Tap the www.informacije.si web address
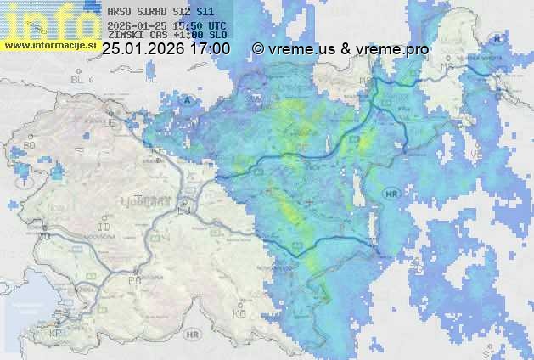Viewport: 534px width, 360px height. pyautogui.click(x=49, y=45)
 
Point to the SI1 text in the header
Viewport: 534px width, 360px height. pyautogui.click(x=203, y=13)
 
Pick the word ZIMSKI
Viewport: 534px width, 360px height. pyautogui.click(x=126, y=36)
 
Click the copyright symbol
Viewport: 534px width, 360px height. pyautogui.click(x=258, y=49)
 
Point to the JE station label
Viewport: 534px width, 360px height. pyautogui.click(x=110, y=122)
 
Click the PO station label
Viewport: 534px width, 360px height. pyautogui.click(x=133, y=279)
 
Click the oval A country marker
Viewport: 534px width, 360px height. pyautogui.click(x=188, y=100)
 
